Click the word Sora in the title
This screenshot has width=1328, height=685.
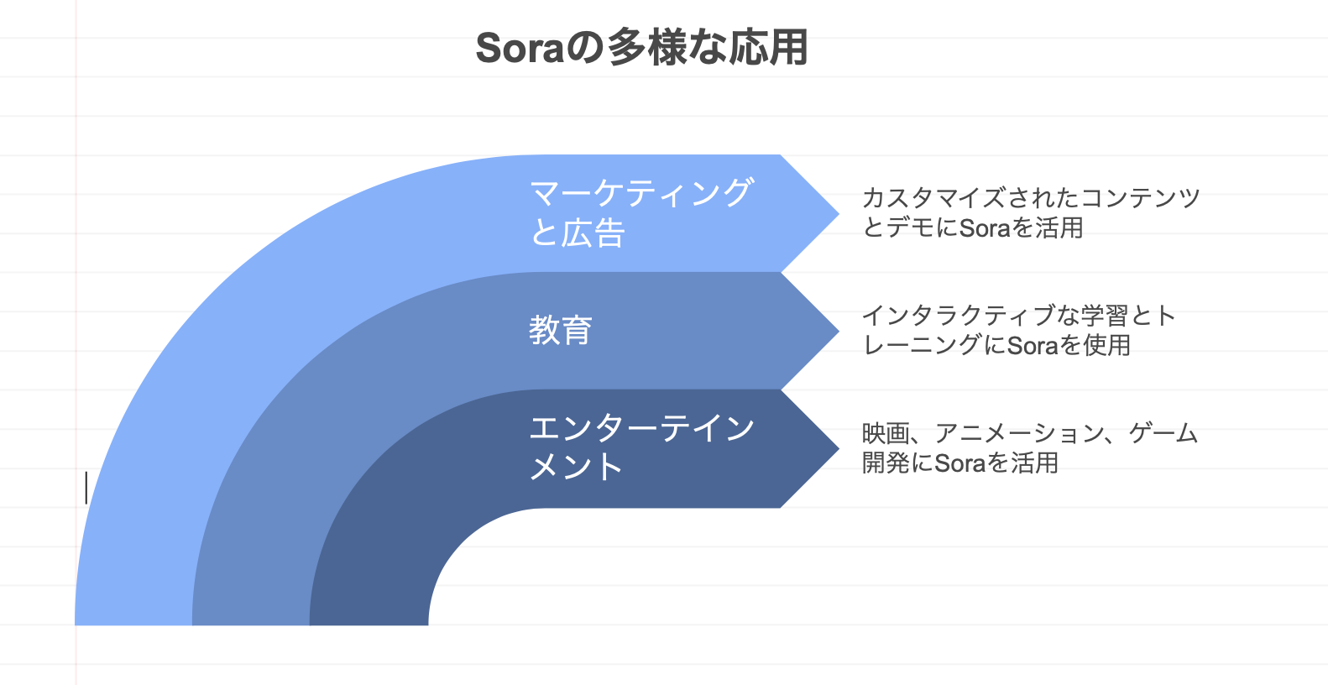point(519,48)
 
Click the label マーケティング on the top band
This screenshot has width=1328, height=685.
point(641,193)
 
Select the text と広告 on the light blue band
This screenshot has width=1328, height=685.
point(578,233)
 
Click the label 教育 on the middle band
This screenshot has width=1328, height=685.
point(561,330)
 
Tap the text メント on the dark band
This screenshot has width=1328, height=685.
point(576,467)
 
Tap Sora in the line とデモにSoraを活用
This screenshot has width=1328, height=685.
point(984,228)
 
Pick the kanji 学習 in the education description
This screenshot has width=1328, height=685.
point(1104,316)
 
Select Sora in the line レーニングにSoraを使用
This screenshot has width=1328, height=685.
point(1032,346)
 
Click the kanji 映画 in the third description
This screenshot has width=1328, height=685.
point(886,433)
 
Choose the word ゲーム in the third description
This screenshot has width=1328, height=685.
point(1163,433)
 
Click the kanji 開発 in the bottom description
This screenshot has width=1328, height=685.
point(886,463)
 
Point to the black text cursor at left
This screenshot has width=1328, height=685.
point(86,487)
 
